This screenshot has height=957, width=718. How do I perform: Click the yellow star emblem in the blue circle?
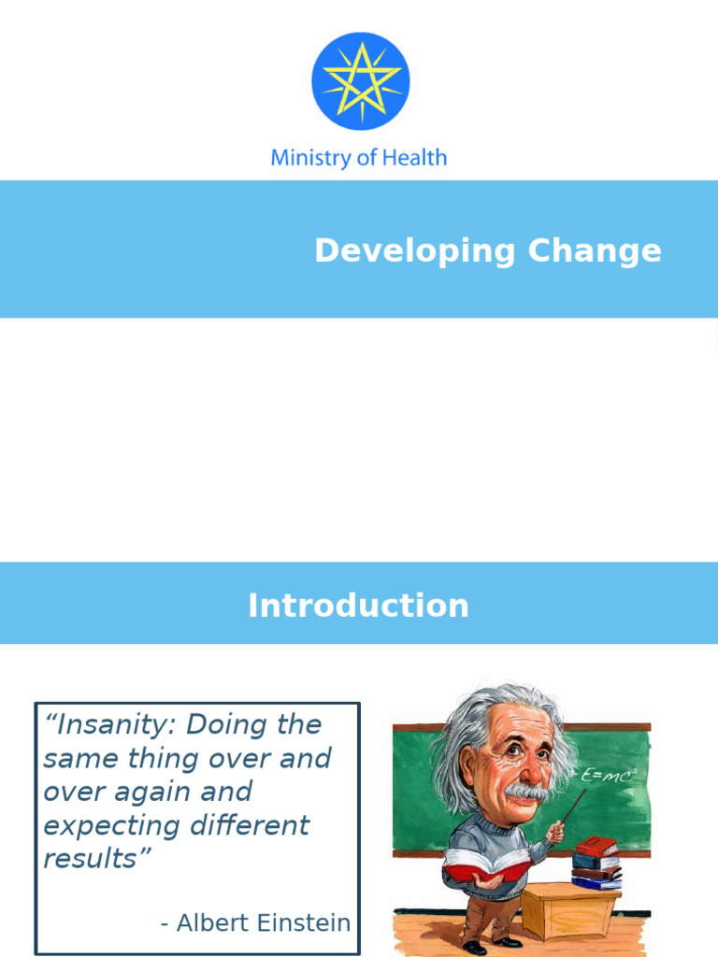360,80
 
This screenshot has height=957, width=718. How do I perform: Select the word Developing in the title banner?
415,251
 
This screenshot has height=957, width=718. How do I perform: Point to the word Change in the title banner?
595,250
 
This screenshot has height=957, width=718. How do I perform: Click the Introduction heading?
358,606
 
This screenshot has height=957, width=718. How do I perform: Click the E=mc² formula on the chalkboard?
608,776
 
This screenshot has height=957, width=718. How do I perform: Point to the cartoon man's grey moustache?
527,792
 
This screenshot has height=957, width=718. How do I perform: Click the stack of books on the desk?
596,862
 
